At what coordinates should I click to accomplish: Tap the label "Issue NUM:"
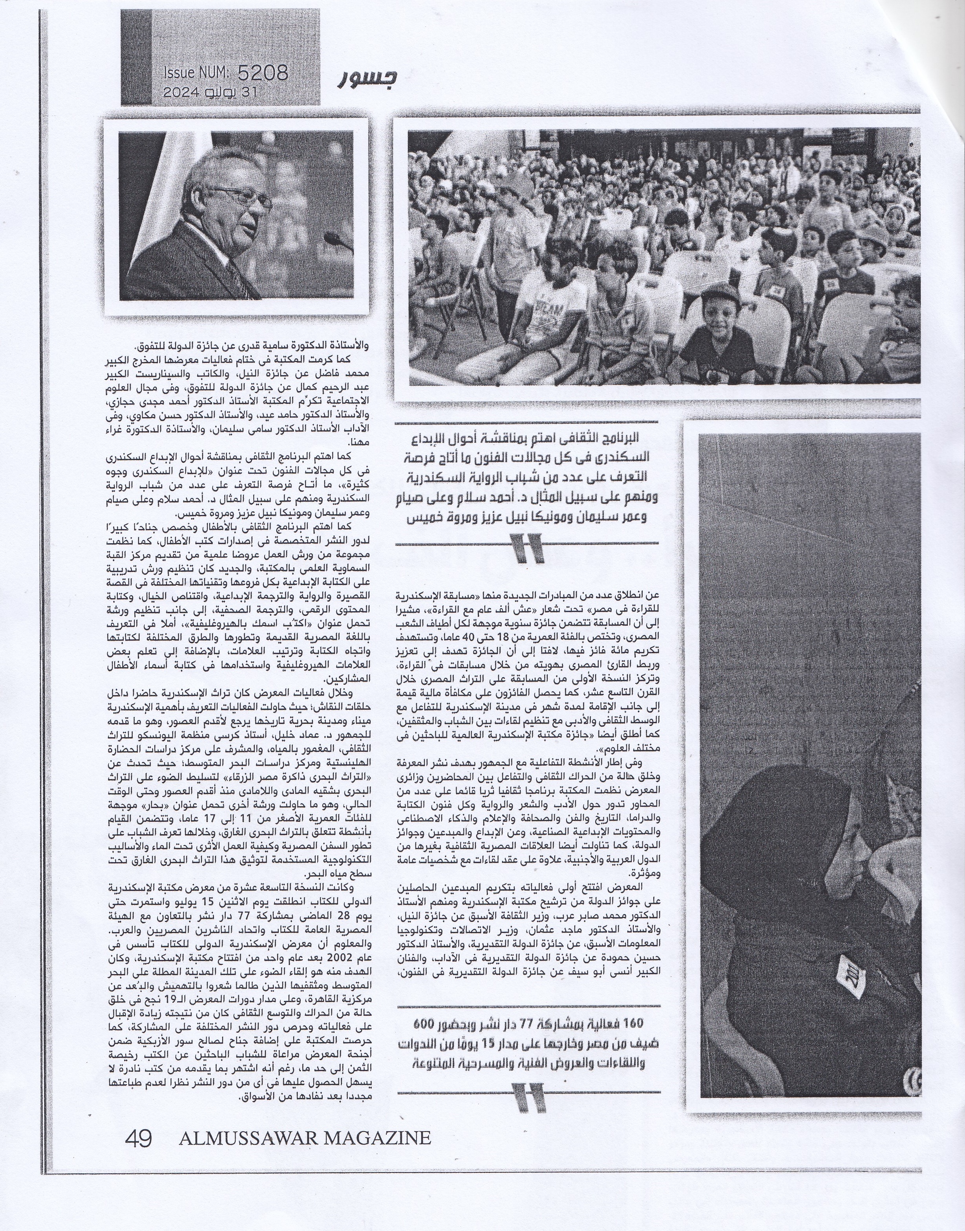196,73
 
